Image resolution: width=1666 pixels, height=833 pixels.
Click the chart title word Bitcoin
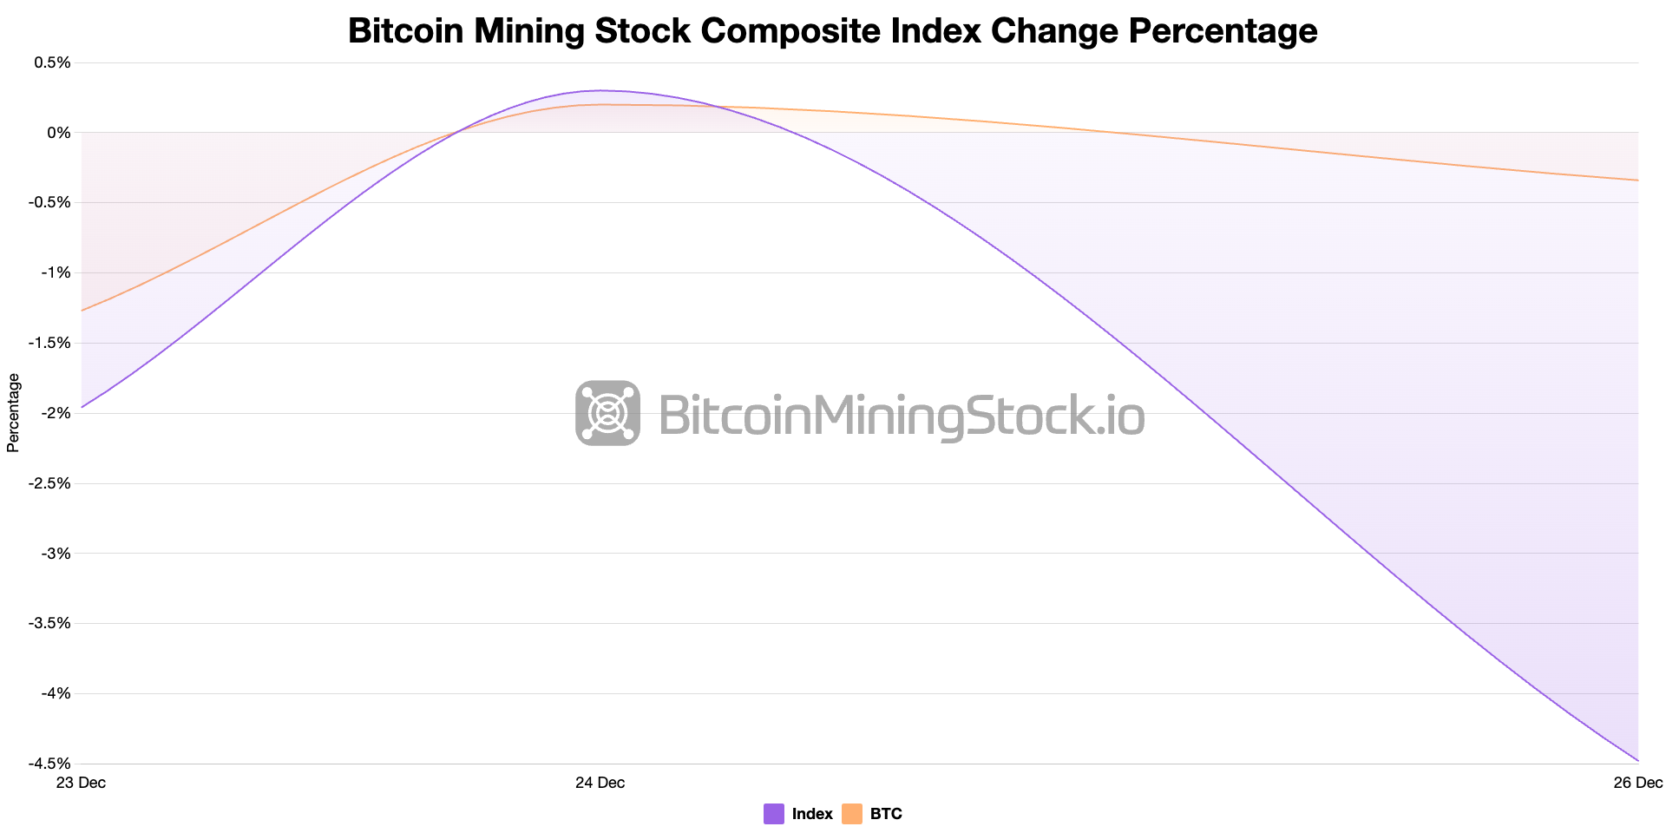(x=404, y=31)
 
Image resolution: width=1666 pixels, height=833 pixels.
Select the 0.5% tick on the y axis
(x=53, y=62)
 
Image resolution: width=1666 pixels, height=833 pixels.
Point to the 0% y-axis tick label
(x=59, y=133)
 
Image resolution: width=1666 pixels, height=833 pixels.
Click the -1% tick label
(x=56, y=272)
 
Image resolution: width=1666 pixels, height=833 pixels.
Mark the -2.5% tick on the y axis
(x=50, y=483)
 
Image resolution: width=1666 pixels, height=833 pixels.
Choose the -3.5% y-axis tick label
(x=50, y=623)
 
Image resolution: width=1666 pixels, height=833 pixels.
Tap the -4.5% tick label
(x=50, y=764)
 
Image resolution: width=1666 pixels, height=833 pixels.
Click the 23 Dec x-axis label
(x=81, y=783)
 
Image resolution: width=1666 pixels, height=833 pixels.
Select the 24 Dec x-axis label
(x=600, y=783)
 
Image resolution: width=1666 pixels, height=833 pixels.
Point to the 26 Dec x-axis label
(x=1637, y=783)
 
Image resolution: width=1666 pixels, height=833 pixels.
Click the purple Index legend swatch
(x=774, y=814)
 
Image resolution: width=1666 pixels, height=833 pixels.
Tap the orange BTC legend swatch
(x=852, y=814)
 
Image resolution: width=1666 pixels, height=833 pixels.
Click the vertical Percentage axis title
(x=13, y=412)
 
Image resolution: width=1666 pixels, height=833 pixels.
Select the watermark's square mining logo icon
(x=607, y=413)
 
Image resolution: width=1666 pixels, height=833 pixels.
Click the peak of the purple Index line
(x=600, y=90)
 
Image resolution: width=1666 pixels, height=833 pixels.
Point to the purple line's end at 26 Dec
(x=1637, y=760)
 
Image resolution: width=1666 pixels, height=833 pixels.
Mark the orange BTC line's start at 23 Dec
(x=82, y=311)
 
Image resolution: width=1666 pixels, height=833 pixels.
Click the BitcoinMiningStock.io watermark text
(x=902, y=415)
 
